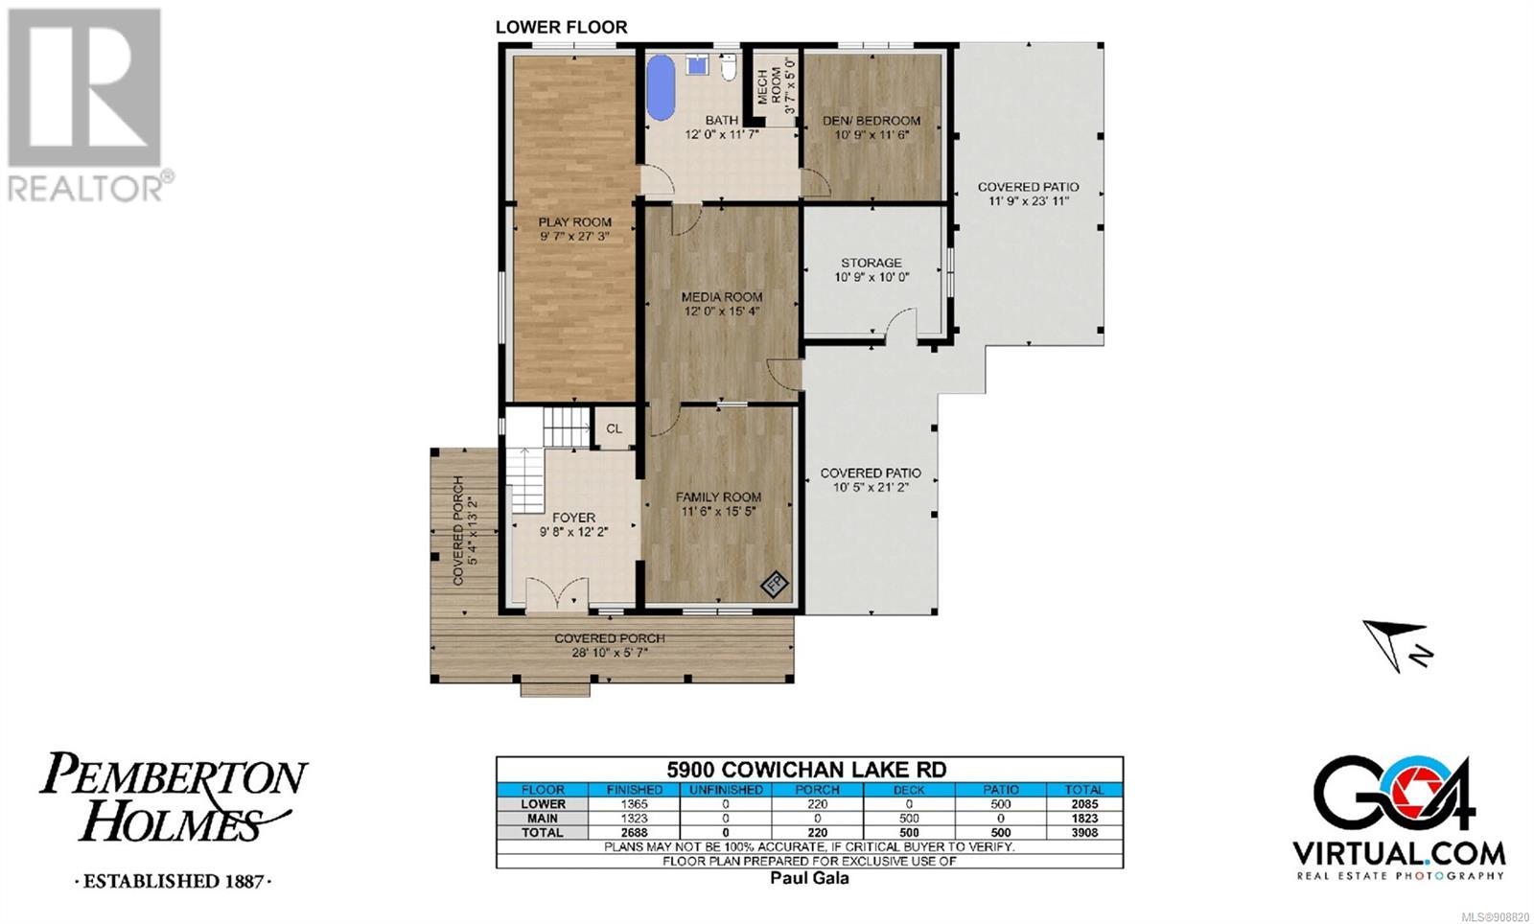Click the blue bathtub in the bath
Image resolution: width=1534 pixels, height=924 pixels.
[661, 87]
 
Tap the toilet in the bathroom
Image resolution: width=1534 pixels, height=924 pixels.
[728, 66]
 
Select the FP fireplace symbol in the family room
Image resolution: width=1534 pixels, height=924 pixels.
[775, 584]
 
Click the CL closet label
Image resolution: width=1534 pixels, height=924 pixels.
[615, 428]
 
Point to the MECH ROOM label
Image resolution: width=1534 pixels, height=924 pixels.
[769, 85]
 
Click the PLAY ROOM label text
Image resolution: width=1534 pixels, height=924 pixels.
[574, 221]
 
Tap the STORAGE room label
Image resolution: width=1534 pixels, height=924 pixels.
[872, 262]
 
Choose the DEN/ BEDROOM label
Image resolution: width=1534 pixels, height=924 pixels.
[872, 121]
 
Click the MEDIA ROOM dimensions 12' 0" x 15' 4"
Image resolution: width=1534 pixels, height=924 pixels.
[722, 312]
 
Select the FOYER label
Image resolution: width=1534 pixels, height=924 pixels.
[574, 518]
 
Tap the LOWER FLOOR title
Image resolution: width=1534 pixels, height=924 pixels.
[562, 28]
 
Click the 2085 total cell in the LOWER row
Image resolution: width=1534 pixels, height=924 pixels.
[1084, 804]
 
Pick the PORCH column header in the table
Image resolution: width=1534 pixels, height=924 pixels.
[818, 790]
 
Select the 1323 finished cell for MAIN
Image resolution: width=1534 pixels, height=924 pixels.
[634, 819]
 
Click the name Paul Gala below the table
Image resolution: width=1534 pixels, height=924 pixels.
[809, 878]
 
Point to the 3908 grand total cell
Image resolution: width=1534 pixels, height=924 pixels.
[1084, 833]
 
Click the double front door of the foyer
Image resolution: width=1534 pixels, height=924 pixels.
[557, 593]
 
